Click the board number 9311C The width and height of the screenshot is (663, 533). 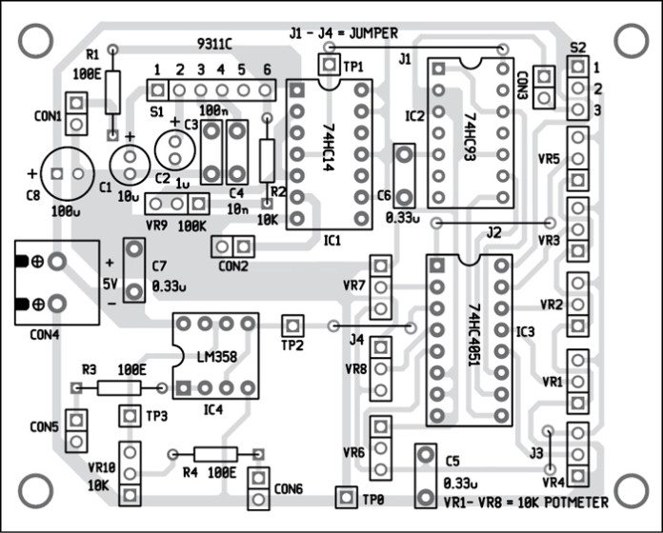(x=218, y=45)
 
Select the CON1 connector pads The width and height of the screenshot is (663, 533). (x=80, y=113)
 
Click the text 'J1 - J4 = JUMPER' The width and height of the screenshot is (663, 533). (x=344, y=32)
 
